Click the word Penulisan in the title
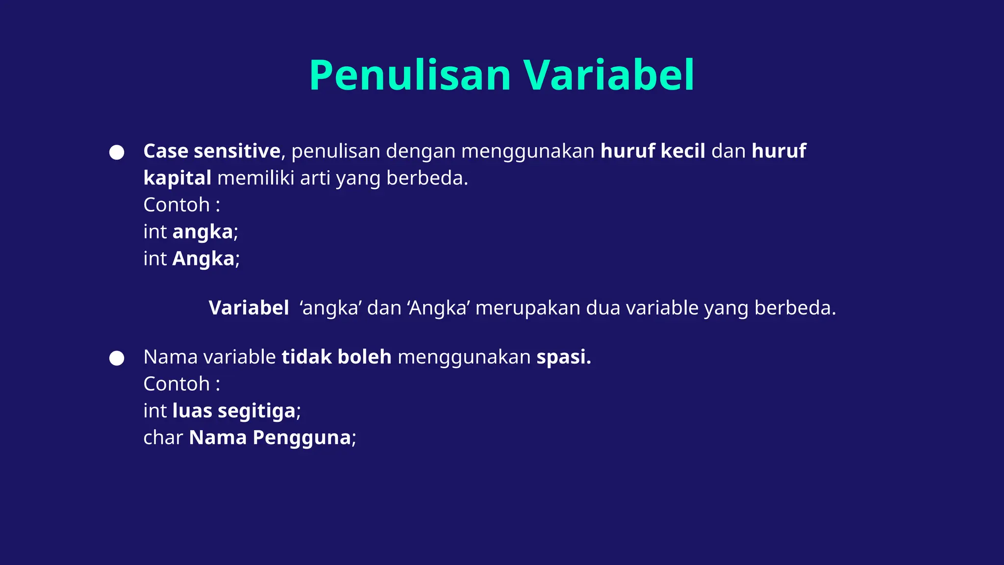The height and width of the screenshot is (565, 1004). [410, 76]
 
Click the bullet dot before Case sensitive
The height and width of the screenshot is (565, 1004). [117, 152]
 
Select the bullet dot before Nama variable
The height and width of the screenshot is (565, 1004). [117, 358]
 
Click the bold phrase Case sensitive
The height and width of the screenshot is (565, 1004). [211, 151]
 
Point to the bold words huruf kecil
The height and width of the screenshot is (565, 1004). [653, 151]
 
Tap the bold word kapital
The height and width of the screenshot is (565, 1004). [177, 178]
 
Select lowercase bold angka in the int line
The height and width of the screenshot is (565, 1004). [202, 232]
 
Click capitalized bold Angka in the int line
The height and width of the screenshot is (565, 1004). [203, 259]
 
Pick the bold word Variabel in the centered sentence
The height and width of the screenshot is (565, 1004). [249, 308]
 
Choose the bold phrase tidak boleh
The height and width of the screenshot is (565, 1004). [336, 357]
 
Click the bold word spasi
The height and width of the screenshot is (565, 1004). [563, 358]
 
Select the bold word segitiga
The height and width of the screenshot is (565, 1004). [257, 411]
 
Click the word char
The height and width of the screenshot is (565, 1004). [163, 437]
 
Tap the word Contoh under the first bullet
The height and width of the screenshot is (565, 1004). [176, 205]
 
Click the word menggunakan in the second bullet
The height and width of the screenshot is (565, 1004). [464, 358]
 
